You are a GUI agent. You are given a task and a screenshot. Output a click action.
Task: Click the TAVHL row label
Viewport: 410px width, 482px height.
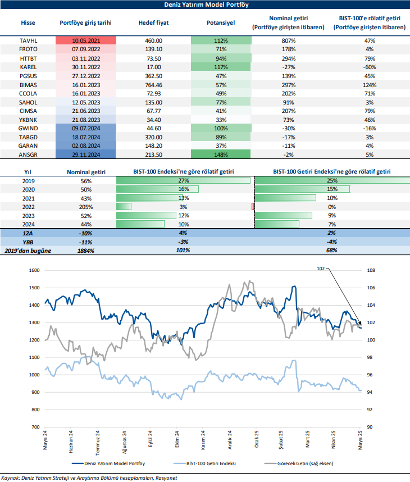28,41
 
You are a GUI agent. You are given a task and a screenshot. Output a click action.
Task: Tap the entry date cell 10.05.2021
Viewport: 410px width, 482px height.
86,41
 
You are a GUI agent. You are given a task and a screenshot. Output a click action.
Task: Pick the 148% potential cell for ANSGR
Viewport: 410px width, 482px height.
221,154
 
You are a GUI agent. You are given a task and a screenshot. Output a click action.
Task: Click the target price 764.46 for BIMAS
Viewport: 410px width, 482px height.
149,84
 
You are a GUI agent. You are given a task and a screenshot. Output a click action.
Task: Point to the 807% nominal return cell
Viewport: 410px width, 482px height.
289,41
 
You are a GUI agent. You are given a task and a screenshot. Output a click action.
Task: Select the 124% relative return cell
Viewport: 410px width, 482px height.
369,84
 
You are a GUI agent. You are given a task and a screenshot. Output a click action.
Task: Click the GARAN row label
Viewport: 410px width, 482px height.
28,145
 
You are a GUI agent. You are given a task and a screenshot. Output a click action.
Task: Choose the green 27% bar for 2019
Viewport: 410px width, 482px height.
183,180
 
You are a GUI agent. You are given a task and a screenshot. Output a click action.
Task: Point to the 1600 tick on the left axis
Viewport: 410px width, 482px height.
35,270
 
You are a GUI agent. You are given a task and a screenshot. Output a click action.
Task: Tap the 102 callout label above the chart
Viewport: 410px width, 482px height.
321,269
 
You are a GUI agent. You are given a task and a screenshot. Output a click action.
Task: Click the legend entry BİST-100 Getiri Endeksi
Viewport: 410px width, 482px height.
211,463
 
